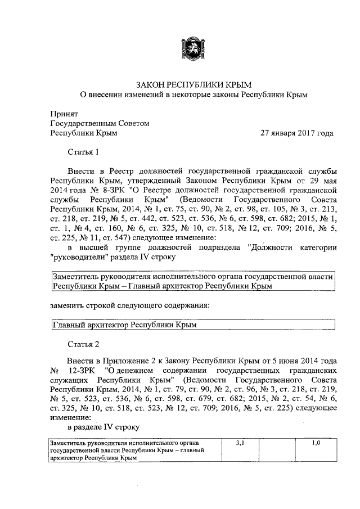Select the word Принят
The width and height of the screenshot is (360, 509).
pos(64,112)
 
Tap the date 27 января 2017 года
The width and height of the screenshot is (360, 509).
pos(296,133)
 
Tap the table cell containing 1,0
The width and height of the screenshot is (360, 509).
pos(316,444)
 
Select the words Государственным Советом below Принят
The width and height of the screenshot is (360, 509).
pos(100,123)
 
